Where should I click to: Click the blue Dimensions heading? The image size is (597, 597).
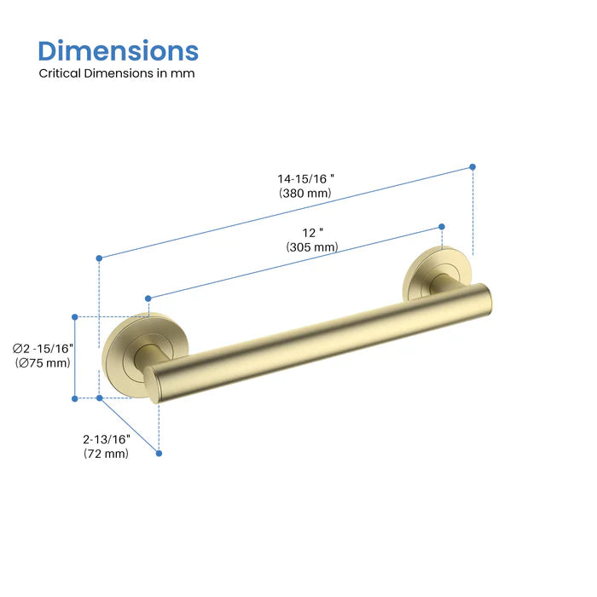[x=119, y=50]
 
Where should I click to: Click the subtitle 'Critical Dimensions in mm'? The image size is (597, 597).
[x=117, y=73]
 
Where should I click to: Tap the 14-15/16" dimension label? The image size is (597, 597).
[x=305, y=179]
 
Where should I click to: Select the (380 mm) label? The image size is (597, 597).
[x=305, y=194]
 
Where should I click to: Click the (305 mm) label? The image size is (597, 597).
[x=312, y=247]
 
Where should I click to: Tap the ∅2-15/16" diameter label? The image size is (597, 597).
[x=43, y=348]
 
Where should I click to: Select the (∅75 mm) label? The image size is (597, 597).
[x=43, y=363]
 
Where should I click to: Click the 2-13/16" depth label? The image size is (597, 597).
[x=107, y=439]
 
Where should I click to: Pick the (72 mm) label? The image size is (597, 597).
[x=107, y=454]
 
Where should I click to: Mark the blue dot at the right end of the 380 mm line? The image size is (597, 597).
[x=472, y=167]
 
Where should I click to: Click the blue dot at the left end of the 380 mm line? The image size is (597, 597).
[x=100, y=258]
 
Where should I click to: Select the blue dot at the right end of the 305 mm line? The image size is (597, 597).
[x=442, y=226]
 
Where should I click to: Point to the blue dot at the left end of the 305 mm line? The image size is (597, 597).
[x=148, y=298]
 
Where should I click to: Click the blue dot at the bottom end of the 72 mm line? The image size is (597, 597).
[x=159, y=453]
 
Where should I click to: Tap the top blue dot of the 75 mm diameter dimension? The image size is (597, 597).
[x=75, y=316]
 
